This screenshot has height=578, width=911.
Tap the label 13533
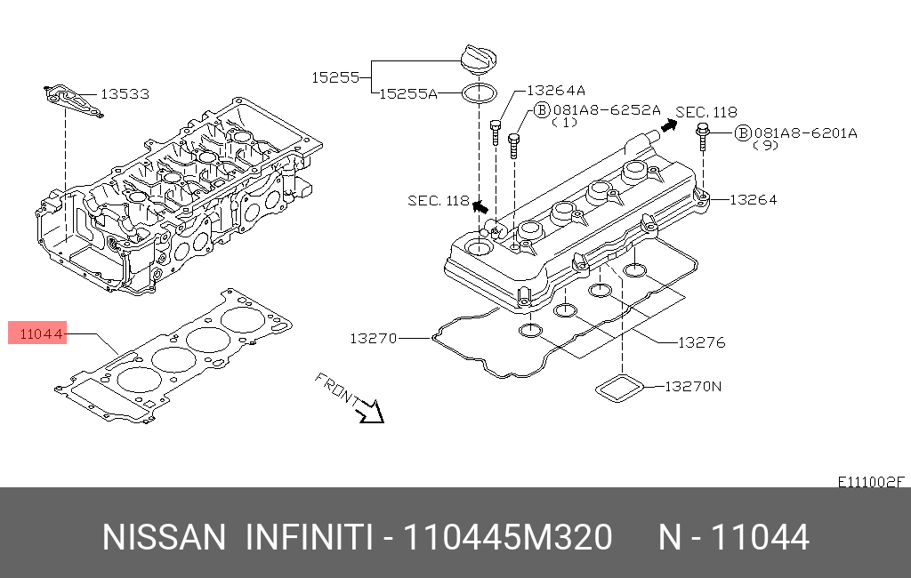pos(124,93)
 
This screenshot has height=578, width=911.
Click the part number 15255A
pos(408,92)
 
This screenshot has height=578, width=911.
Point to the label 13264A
pos(556,90)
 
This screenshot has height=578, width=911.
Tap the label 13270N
pos(694,387)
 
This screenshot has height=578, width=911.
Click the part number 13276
pos(702,341)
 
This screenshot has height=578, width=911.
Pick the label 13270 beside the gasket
pos(373,338)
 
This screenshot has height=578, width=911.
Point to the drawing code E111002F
pos(871,481)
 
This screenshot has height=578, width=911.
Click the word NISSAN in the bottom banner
pos(165,537)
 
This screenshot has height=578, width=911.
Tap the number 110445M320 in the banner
pos(508,537)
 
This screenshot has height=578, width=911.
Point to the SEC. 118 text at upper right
pos(706,112)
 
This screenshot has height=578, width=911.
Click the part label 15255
pos(335,77)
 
